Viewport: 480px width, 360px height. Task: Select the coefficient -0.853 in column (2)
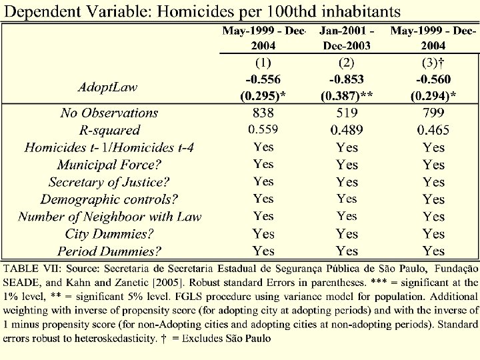coord(347,79)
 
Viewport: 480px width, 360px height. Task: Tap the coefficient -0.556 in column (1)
coord(263,79)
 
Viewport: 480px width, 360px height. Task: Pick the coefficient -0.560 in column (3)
coord(433,79)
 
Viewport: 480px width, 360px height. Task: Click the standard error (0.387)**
coord(347,96)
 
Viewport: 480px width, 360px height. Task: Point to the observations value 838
coord(263,113)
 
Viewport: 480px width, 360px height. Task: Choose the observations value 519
coord(347,113)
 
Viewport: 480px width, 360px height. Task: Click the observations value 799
coord(433,113)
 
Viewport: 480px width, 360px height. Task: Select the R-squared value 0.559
coord(263,129)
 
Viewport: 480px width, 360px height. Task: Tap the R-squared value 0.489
coord(347,130)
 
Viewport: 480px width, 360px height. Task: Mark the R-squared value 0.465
coord(433,130)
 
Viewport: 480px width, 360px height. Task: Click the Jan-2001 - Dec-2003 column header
coord(347,38)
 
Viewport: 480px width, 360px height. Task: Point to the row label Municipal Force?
coord(109,164)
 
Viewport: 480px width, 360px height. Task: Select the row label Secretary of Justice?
coord(109,181)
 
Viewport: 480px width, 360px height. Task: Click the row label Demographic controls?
coord(109,199)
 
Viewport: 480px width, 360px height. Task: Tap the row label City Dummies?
coord(109,233)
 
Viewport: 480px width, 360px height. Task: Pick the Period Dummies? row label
coord(109,251)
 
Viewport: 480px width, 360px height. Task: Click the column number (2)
coord(347,63)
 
